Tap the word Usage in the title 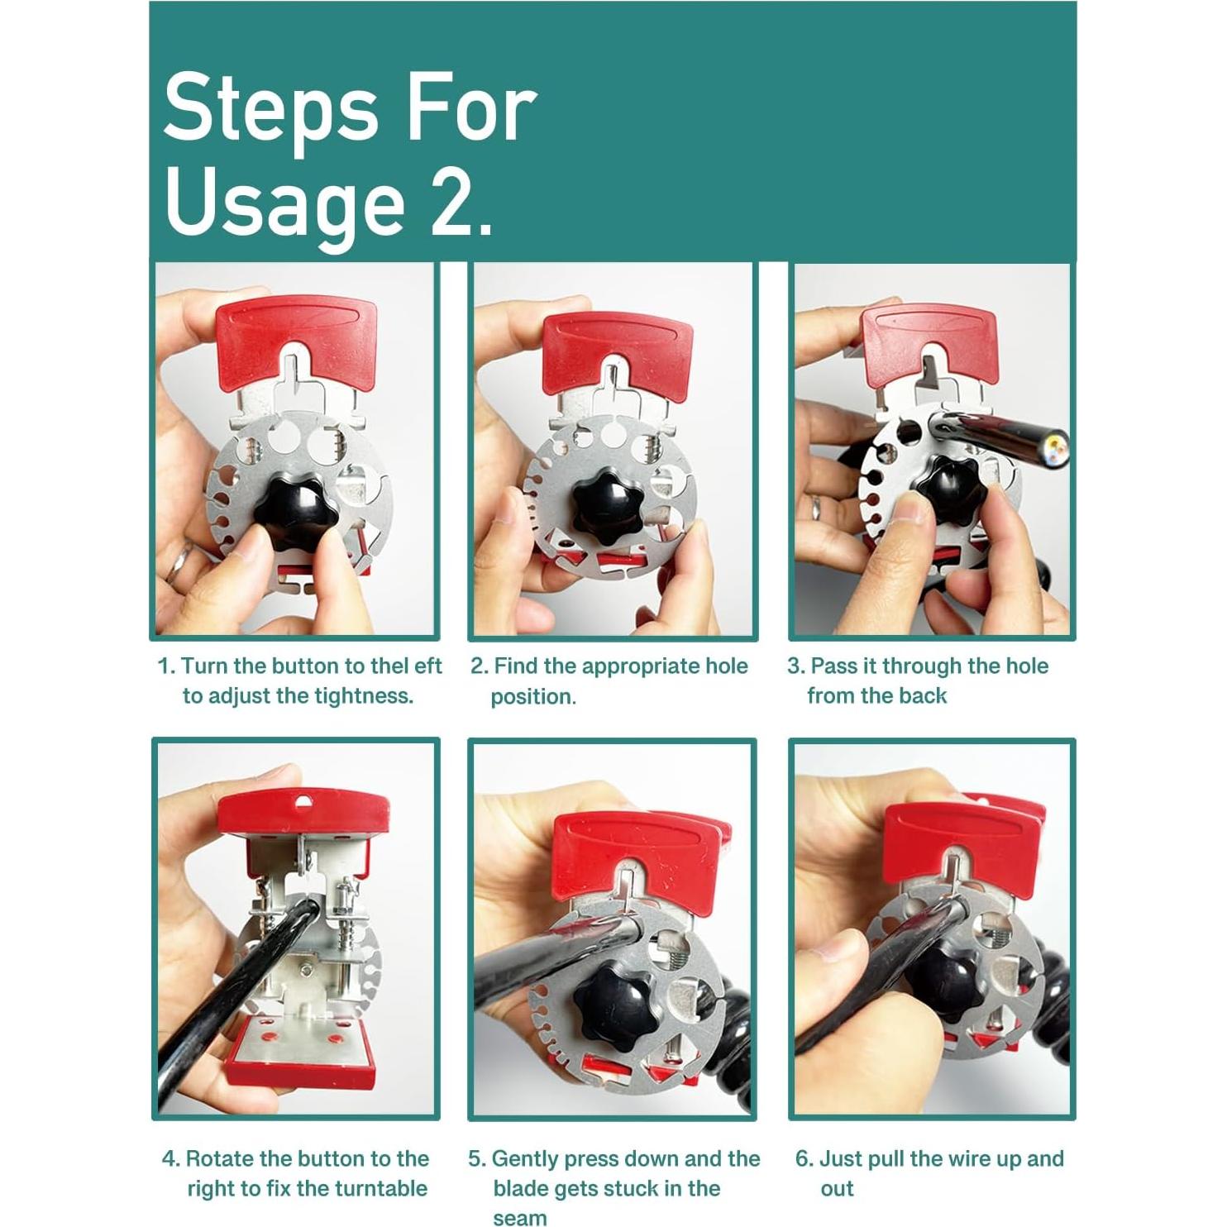click(285, 203)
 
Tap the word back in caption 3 click(923, 696)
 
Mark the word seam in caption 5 click(520, 1218)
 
